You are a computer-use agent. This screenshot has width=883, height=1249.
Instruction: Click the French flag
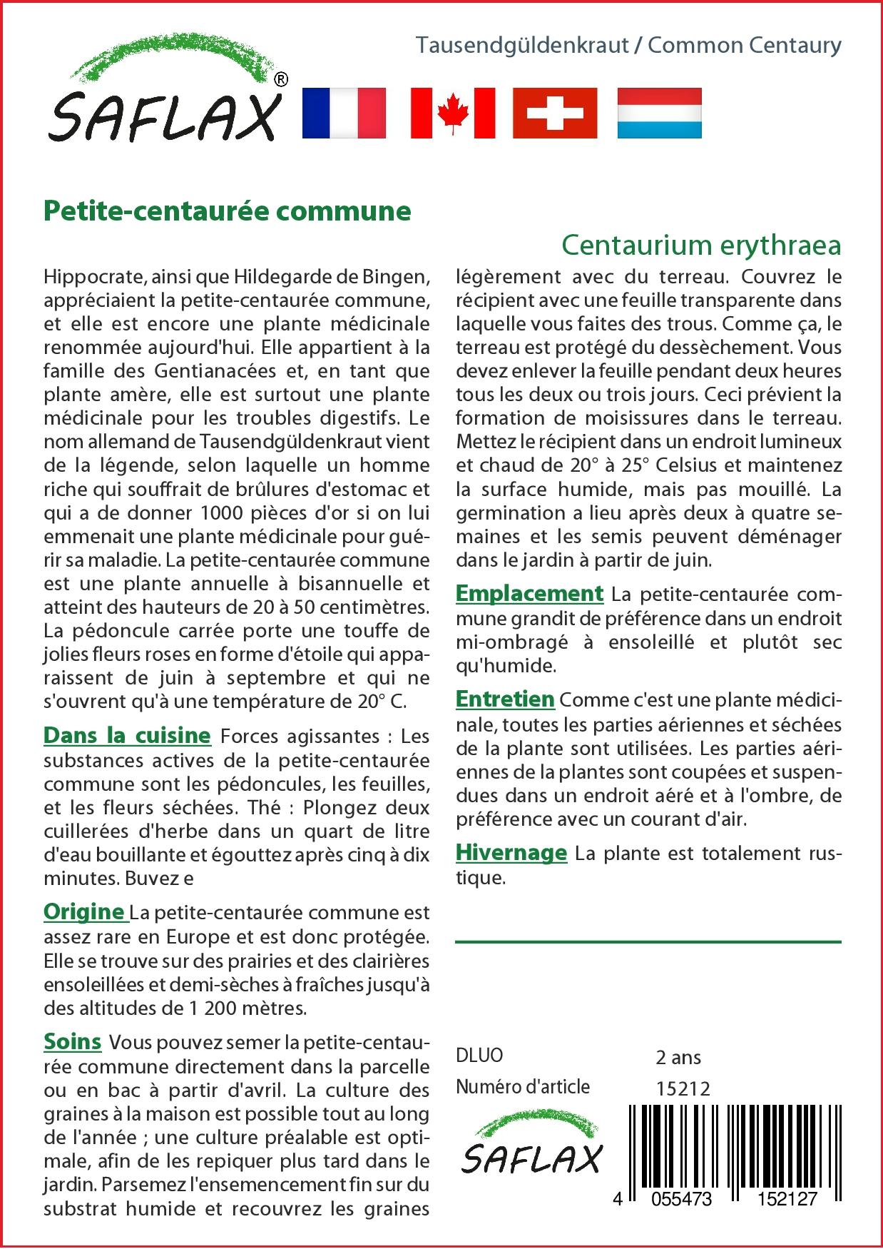[x=344, y=113]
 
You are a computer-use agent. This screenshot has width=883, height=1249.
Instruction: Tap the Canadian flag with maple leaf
[x=452, y=113]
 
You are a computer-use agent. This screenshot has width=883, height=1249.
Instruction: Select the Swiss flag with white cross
[x=555, y=113]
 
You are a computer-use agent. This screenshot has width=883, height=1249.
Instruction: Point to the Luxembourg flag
[x=659, y=113]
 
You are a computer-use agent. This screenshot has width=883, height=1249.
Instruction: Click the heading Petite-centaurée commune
[x=228, y=211]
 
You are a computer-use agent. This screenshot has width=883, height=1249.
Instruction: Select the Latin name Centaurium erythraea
[x=701, y=245]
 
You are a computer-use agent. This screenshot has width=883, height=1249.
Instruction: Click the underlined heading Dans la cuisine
[x=127, y=736]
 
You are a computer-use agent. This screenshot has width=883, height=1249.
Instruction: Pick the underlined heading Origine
[x=84, y=912]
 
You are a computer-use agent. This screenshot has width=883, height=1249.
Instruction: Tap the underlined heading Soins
[x=72, y=1042]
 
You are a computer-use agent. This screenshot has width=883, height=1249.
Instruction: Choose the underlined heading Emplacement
[x=529, y=594]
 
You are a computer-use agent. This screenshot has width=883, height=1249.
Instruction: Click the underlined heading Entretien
[x=505, y=699]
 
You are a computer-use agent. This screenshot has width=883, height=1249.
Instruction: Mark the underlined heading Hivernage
[x=511, y=853]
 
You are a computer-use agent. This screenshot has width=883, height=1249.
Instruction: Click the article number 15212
[x=683, y=1088]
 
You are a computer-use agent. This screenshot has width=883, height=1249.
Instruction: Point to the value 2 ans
[x=678, y=1057]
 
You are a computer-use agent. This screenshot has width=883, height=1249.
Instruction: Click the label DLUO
[x=479, y=1056]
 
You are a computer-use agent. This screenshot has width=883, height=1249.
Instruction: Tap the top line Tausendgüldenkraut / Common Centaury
[x=628, y=46]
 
